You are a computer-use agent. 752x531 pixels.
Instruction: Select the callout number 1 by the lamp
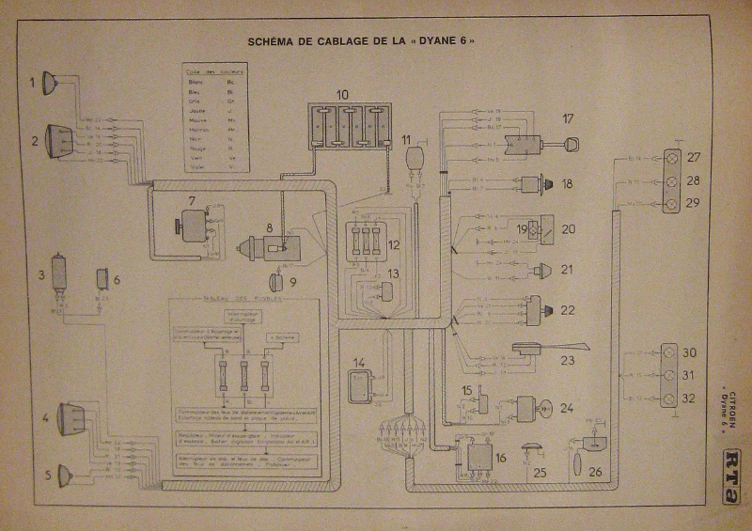click(x=31, y=83)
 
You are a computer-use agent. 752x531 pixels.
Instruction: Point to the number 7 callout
click(x=191, y=199)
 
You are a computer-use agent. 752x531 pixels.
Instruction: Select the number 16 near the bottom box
click(x=500, y=457)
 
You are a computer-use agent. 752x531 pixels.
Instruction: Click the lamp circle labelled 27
click(x=672, y=158)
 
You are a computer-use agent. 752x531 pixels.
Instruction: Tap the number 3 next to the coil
click(x=41, y=275)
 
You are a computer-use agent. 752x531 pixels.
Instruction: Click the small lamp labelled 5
click(x=65, y=476)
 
